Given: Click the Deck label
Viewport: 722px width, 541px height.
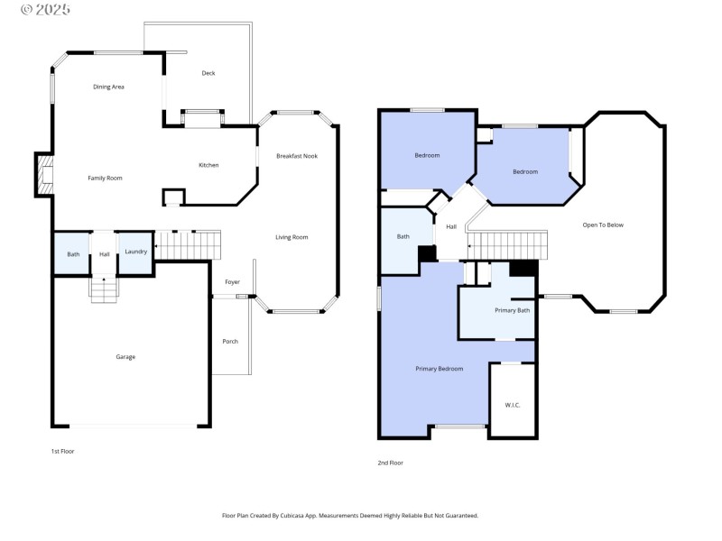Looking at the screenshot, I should pos(208,73).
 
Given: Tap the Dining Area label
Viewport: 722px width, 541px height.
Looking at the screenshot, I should pos(108,87).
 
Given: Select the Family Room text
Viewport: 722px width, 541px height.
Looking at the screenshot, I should pos(105,178).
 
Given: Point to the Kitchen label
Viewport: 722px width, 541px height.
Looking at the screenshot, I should pos(208,165).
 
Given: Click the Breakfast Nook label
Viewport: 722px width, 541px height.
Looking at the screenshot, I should pos(297,156).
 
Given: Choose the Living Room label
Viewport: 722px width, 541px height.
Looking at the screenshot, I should pos(292,237).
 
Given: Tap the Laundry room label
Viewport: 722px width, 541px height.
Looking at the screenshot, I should pos(135,252).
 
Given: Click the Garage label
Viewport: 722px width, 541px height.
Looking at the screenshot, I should pos(125,357).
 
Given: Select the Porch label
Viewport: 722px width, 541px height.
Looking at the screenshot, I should pos(230,341).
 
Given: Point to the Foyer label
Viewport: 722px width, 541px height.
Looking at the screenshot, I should pos(232,282).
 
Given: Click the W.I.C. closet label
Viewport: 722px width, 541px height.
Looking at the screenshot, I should pos(512,405).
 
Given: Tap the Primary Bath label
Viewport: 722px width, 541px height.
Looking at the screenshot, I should pos(512,310).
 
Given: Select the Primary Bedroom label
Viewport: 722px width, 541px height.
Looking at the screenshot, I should pos(440,369).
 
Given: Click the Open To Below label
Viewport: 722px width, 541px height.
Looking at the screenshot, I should pos(603,225).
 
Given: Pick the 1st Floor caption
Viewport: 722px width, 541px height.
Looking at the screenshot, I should pos(62,450).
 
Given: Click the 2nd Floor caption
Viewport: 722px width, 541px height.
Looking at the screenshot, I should pos(390,463).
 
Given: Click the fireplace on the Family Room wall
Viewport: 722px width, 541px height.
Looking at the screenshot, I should pos(42,174).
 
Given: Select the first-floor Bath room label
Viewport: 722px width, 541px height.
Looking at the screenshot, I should pos(73,254).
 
